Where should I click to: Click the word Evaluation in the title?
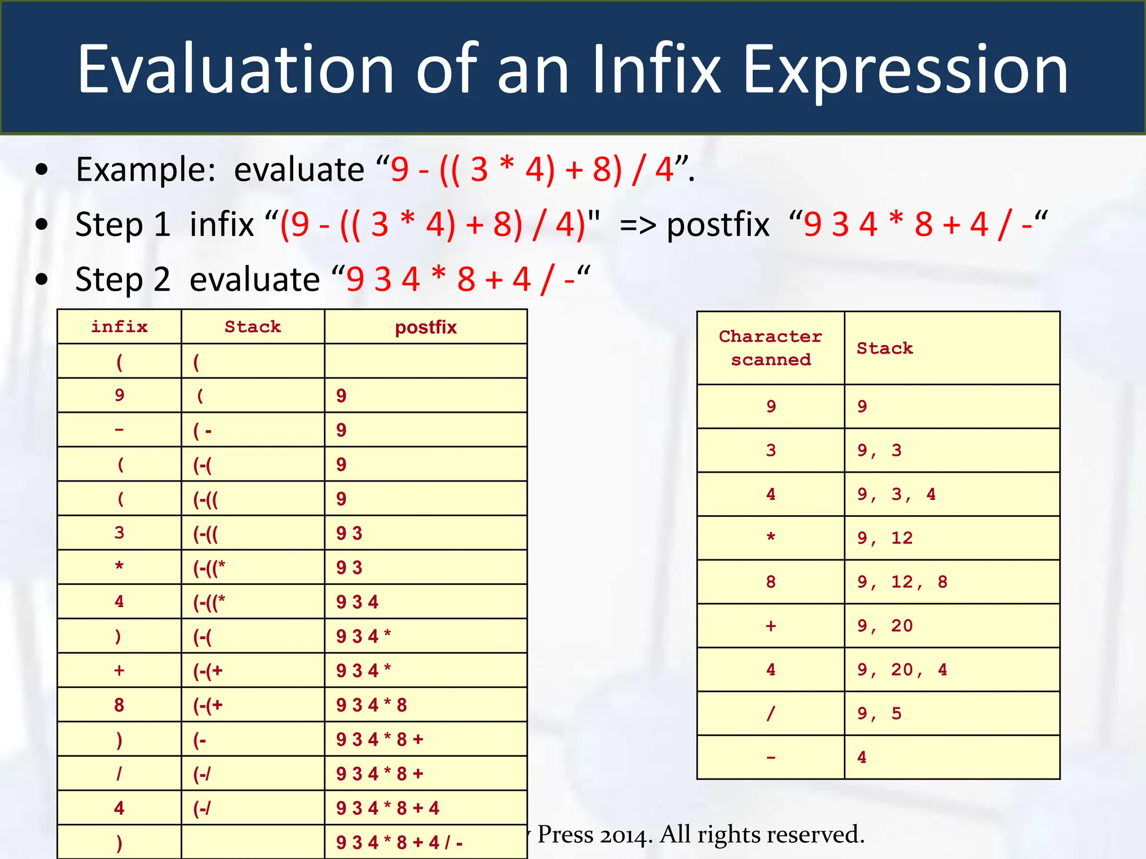tap(235, 69)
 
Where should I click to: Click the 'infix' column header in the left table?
tap(119, 327)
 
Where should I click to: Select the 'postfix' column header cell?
tap(425, 327)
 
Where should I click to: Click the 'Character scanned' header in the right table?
tap(771, 348)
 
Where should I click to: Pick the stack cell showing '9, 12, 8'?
tap(902, 582)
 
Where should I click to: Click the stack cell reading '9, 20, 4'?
tap(902, 669)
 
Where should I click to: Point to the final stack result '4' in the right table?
tap(862, 757)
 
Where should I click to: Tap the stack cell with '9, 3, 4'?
tap(896, 494)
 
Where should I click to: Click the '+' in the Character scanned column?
tap(771, 626)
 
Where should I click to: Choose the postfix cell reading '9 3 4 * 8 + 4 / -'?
tap(399, 842)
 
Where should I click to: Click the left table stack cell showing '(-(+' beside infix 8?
tap(208, 705)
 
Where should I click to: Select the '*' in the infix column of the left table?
tap(119, 567)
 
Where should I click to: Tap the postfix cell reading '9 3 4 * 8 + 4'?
tap(387, 808)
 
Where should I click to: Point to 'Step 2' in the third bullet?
tap(123, 279)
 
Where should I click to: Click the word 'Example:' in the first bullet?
tap(145, 169)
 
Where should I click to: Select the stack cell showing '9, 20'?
tap(885, 626)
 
